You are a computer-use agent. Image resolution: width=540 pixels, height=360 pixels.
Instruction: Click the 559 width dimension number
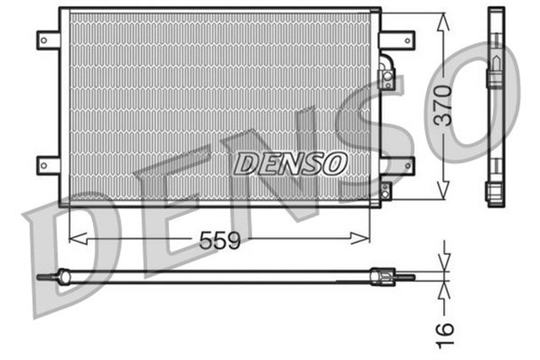tap(219, 240)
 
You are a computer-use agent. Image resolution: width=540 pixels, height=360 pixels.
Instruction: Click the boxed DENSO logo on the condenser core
tap(289, 162)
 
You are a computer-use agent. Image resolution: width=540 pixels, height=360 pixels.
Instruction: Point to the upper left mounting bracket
tap(47, 39)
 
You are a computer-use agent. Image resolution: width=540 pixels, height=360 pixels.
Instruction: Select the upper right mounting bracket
tap(397, 39)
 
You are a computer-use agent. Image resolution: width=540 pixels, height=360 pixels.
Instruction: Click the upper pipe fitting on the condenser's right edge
tap(386, 73)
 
